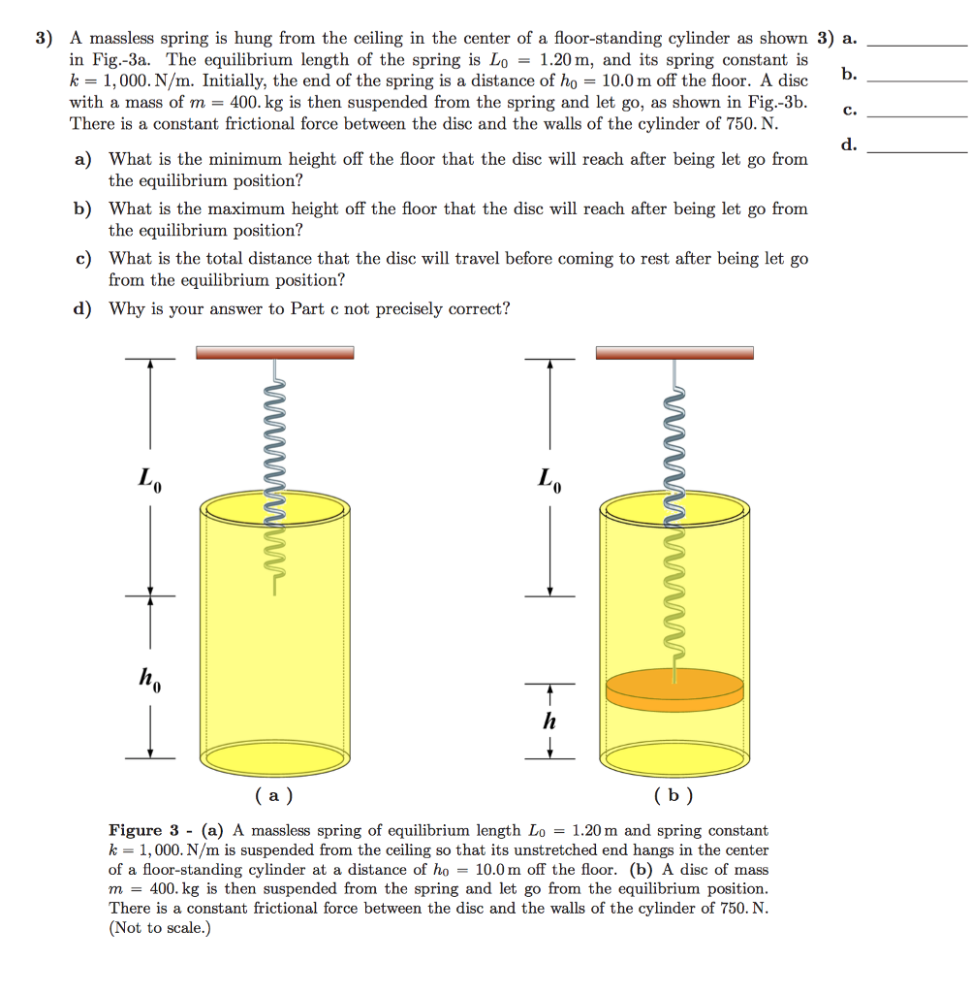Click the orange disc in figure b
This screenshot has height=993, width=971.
673,689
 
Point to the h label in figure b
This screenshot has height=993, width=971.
549,721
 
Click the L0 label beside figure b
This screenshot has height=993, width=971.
549,478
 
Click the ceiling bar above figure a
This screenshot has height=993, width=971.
274,353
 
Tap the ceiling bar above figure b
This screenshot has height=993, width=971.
673,353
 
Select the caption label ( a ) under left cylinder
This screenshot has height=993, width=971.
274,796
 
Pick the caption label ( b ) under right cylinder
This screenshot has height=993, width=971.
673,796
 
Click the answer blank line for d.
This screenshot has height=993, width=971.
917,151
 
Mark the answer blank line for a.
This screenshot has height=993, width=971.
917,45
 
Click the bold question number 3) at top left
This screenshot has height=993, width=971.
45,39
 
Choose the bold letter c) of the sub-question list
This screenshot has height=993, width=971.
83,259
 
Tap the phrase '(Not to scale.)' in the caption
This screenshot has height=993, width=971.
159,928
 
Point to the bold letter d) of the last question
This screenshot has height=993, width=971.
83,309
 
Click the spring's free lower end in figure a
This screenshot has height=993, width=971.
274,593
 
